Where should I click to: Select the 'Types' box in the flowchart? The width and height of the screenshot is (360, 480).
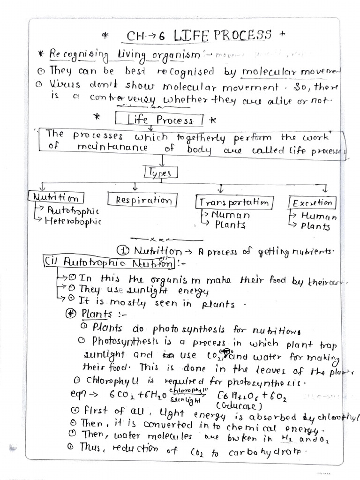tap(161, 173)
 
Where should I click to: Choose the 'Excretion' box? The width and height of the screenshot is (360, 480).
tap(312, 202)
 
